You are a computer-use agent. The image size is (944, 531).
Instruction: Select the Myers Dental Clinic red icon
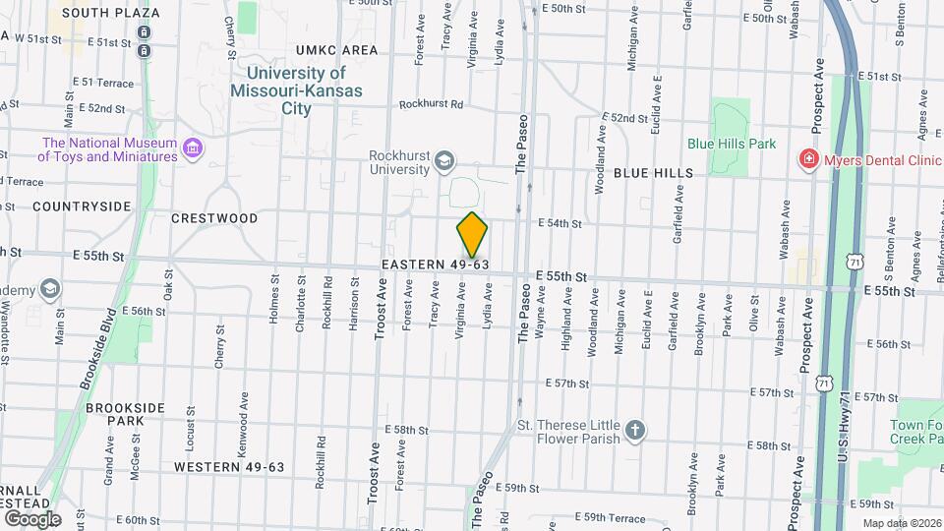[808, 159]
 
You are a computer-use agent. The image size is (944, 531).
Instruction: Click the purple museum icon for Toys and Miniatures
[193, 149]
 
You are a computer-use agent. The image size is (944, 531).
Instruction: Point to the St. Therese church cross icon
[635, 431]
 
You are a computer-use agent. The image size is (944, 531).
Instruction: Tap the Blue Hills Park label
[732, 143]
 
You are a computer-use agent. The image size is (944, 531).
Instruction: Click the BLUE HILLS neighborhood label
[653, 173]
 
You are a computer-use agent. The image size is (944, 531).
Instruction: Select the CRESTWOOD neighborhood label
[214, 218]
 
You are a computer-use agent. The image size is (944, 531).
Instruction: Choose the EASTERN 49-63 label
[436, 265]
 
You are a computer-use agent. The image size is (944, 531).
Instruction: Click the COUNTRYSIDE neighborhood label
[82, 206]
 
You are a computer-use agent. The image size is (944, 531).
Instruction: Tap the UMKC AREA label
[336, 50]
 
